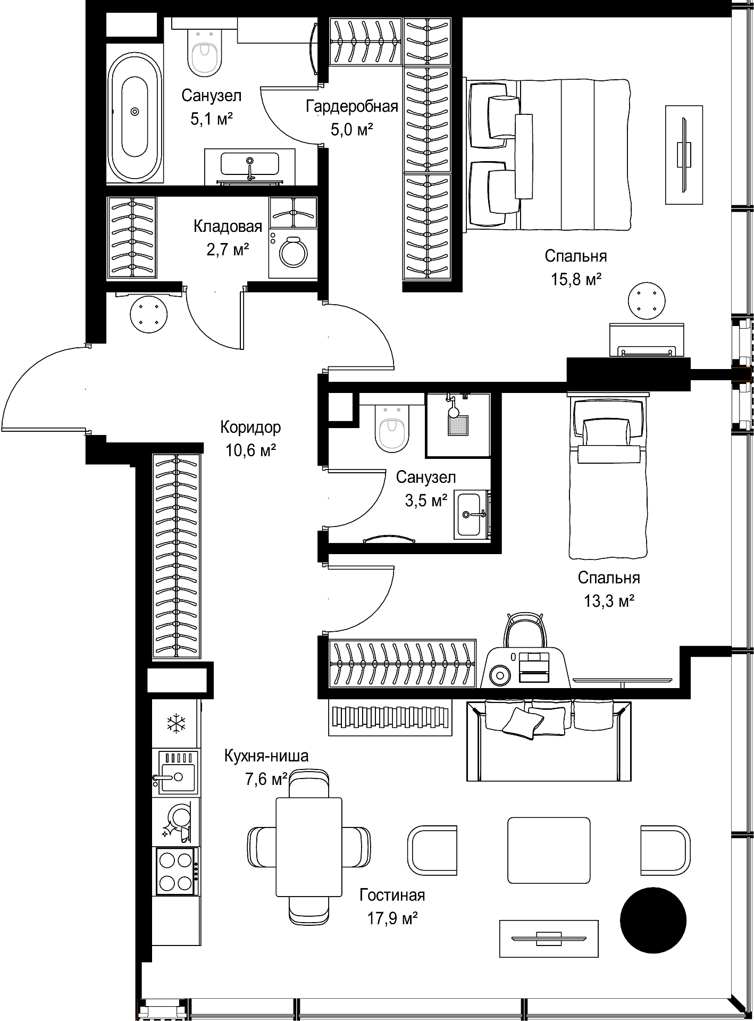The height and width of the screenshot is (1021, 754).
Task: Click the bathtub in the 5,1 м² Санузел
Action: pyautogui.click(x=135, y=112)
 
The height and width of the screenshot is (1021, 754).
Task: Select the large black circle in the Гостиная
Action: pyautogui.click(x=653, y=919)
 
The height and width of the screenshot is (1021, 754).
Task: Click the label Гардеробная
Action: pyautogui.click(x=352, y=106)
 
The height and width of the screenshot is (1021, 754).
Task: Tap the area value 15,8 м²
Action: pyautogui.click(x=576, y=279)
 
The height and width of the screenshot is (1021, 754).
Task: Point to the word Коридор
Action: pyautogui.click(x=250, y=427)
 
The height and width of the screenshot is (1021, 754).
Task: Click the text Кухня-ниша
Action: pyautogui.click(x=266, y=756)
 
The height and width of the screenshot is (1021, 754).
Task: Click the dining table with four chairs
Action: pyautogui.click(x=309, y=847)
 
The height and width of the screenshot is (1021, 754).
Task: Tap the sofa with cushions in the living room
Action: pyautogui.click(x=549, y=740)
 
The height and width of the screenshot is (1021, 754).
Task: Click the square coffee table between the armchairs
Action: pyautogui.click(x=549, y=850)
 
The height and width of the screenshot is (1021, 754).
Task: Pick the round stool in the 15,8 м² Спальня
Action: pyautogui.click(x=647, y=302)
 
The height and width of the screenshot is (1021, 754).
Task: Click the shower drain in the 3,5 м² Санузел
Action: pyautogui.click(x=458, y=425)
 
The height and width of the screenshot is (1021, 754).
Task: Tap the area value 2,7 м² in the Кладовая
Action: pyautogui.click(x=228, y=249)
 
